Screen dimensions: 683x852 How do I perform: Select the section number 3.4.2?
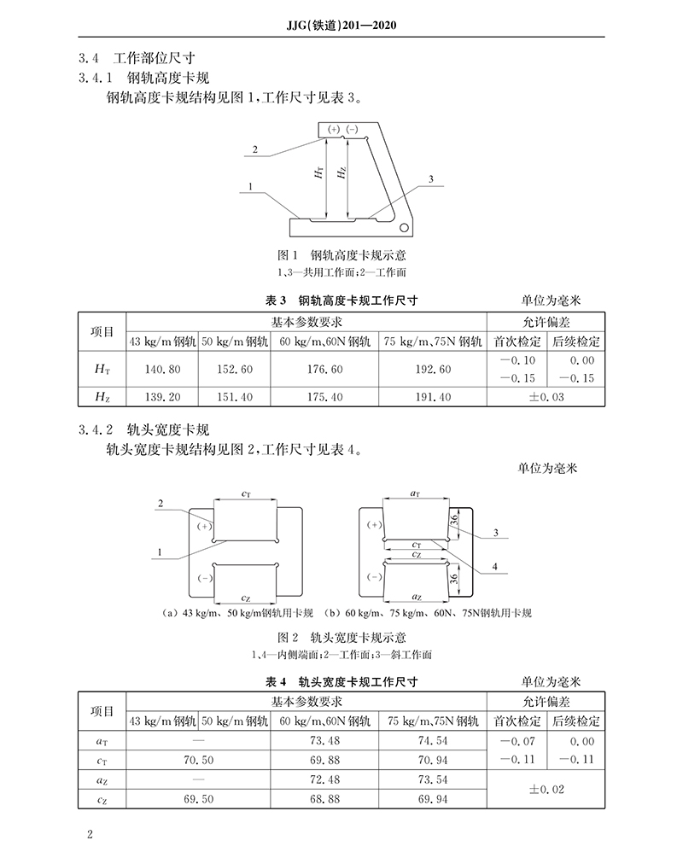95,429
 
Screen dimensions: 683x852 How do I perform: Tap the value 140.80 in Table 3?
162,369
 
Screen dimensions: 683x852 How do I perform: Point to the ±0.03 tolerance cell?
546,398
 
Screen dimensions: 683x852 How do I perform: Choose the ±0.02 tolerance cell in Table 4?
546,790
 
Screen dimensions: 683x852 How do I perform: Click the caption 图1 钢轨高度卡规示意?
341,255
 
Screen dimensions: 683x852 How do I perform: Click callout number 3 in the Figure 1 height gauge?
431,179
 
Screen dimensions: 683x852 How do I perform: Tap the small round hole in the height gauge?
404,226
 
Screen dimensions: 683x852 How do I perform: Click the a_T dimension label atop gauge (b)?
415,493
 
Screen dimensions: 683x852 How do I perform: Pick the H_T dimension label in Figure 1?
318,173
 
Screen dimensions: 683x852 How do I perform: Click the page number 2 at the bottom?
89,832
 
